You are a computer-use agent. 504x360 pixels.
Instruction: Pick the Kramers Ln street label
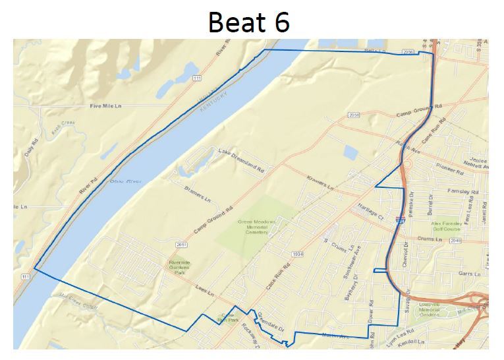[321, 183]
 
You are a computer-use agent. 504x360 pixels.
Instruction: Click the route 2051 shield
[182, 245]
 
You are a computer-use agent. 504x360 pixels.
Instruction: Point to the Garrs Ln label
[466, 273]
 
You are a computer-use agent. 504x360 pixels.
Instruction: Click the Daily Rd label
[34, 147]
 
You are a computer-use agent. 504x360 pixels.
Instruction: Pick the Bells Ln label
[374, 51]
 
